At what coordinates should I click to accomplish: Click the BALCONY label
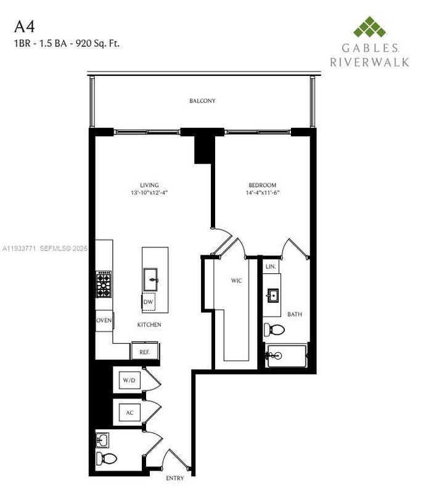[x=202, y=101]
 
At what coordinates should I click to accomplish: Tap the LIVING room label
[x=149, y=185]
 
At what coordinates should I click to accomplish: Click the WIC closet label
[x=237, y=281]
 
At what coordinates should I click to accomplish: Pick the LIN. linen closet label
[x=271, y=267]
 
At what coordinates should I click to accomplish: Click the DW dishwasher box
[x=148, y=302]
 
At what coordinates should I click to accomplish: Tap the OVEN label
[x=104, y=320]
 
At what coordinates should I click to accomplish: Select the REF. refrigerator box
[x=144, y=352]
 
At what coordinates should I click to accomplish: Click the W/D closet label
[x=129, y=381]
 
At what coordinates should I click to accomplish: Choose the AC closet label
[x=129, y=411]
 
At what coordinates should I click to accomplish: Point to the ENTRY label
[x=175, y=478]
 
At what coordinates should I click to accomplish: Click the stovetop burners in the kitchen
[x=103, y=284]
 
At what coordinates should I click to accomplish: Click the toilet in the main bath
[x=274, y=329]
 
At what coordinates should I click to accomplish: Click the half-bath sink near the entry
[x=103, y=440]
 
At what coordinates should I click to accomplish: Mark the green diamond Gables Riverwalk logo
[x=370, y=28]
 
